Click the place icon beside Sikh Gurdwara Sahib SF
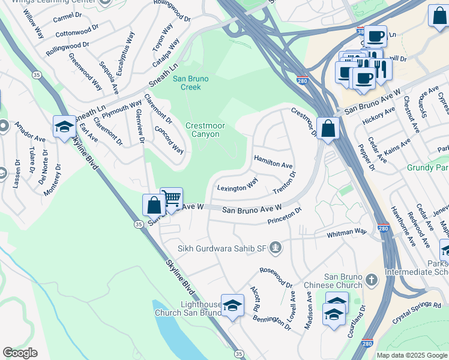tap(276, 247)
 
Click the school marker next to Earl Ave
tap(64, 127)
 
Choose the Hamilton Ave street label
tap(273, 161)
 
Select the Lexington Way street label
tap(237, 183)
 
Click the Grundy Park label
tap(427, 168)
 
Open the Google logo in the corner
tap(20, 353)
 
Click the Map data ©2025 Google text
tap(412, 355)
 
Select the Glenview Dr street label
tap(139, 126)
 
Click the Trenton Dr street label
tap(285, 182)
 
